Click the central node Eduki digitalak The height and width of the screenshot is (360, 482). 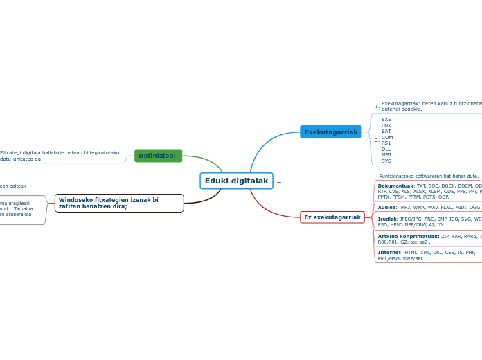click(x=236, y=181)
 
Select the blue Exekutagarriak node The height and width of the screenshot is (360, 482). click(x=330, y=132)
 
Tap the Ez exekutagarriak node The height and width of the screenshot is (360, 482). click(x=332, y=217)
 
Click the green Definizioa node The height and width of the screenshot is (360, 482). click(x=158, y=156)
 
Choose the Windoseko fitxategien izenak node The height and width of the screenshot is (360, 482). click(x=118, y=203)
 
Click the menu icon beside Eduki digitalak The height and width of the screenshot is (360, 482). click(x=279, y=181)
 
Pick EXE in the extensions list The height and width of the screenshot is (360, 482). click(x=386, y=120)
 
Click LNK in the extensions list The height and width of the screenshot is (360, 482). click(x=386, y=126)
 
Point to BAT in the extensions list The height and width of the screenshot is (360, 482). click(x=386, y=132)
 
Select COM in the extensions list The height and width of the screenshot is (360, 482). click(x=387, y=138)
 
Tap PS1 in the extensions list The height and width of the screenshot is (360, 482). click(x=386, y=143)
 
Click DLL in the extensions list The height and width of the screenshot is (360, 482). click(x=386, y=149)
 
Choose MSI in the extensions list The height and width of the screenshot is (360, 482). click(x=386, y=155)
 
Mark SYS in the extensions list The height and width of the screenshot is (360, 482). click(x=386, y=161)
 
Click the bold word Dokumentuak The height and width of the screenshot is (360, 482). click(x=395, y=186)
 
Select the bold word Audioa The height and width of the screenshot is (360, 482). click(x=387, y=208)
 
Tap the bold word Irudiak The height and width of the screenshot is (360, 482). click(x=388, y=219)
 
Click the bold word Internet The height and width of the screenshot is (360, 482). click(x=389, y=253)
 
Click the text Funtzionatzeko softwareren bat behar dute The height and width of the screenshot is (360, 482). click(x=429, y=177)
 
